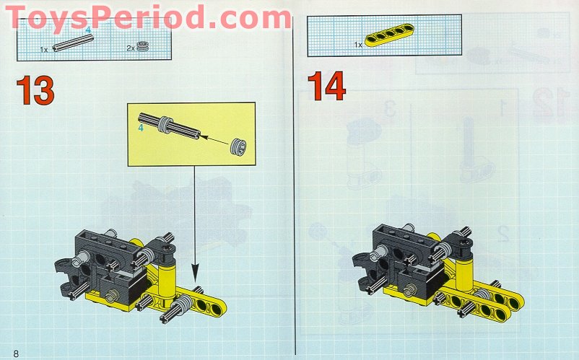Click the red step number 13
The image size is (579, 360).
(x=35, y=90)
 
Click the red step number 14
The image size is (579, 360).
(x=326, y=87)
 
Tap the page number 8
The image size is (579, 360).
(x=15, y=354)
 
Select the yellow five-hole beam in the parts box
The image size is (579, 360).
(x=389, y=35)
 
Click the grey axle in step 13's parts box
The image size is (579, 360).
(x=73, y=43)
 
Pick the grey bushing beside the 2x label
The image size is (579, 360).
(x=142, y=47)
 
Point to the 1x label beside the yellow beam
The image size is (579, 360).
(x=358, y=45)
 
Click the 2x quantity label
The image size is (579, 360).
(x=131, y=48)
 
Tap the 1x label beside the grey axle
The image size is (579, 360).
(x=44, y=50)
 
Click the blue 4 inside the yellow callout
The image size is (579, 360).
(x=141, y=128)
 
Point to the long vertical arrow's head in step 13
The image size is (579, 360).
(x=195, y=275)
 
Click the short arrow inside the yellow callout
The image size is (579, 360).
(x=215, y=141)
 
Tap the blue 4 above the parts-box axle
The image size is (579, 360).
(x=88, y=30)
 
